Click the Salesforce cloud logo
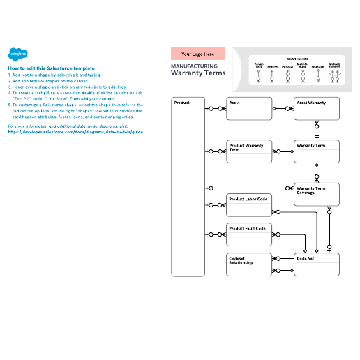pos(17,54)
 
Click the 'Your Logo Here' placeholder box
pos(198,53)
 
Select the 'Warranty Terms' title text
pos(198,73)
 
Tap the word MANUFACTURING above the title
pos(193,66)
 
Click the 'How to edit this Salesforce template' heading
pos(51,68)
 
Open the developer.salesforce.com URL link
pos(75,131)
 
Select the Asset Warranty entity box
pos(317,108)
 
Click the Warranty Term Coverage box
pos(317,195)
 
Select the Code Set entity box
pos(317,264)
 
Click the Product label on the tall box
pos(181,103)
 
